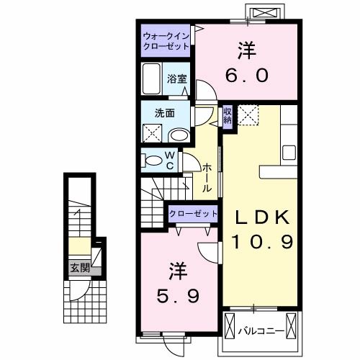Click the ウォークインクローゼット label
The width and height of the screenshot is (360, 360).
[x=166, y=40]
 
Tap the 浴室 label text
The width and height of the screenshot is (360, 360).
[x=178, y=79]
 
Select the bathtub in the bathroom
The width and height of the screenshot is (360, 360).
[x=153, y=78]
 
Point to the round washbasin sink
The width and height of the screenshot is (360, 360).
[x=179, y=135]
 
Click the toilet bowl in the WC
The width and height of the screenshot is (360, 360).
[x=153, y=160]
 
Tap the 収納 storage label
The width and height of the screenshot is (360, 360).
[x=228, y=115]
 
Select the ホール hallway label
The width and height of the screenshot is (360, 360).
[x=207, y=177]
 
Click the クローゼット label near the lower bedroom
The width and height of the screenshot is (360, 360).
[x=193, y=214]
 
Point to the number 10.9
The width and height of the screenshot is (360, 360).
[x=262, y=243]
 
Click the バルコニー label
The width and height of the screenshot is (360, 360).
[x=258, y=331]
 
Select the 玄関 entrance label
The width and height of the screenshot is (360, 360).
[x=80, y=269]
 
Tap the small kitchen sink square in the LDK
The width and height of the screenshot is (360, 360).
[x=289, y=153]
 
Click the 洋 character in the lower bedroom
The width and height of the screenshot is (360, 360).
[x=178, y=271]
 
